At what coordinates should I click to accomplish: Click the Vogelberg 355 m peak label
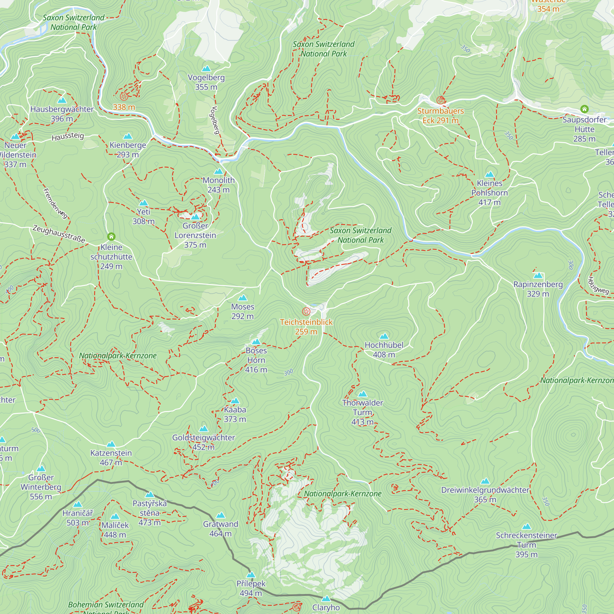pyautogui.click(x=206, y=82)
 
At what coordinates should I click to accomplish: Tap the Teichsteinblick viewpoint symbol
pyautogui.click(x=306, y=311)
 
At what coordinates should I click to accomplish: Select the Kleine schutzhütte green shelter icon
pyautogui.click(x=111, y=236)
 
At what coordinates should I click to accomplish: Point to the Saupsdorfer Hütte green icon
pyautogui.click(x=584, y=109)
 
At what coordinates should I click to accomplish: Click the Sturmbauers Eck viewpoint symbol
pyautogui.click(x=440, y=100)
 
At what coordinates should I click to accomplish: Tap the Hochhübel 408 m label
pyautogui.click(x=384, y=350)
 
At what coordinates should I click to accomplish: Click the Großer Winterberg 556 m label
pyautogui.click(x=41, y=487)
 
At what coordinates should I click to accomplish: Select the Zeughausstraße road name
pyautogui.click(x=59, y=234)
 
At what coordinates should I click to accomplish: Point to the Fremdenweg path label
pyautogui.click(x=55, y=204)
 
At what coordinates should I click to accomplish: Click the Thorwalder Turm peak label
pyautogui.click(x=363, y=412)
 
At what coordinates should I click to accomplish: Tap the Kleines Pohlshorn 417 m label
pyautogui.click(x=489, y=192)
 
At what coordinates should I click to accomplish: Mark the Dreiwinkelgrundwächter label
pyautogui.click(x=485, y=495)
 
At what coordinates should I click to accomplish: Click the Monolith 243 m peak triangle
pyautogui.click(x=218, y=172)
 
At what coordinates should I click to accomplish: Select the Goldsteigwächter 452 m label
pyautogui.click(x=204, y=442)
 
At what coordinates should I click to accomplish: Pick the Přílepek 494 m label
pyautogui.click(x=251, y=588)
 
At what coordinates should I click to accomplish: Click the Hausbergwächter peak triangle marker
pyautogui.click(x=62, y=100)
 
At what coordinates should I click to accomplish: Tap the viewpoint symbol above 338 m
pyautogui.click(x=124, y=96)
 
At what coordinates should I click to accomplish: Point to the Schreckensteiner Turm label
pyautogui.click(x=526, y=545)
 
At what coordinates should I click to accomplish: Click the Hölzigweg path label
pyautogui.click(x=598, y=285)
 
